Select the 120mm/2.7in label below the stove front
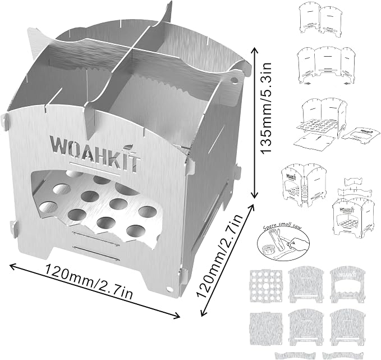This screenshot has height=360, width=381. (89, 282)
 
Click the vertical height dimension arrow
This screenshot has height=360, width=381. (254, 122)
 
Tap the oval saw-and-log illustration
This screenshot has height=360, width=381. (283, 241)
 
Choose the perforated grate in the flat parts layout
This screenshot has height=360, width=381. (266, 286)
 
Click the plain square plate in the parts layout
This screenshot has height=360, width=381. (266, 327)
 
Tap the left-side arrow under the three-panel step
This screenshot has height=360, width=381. (308, 84)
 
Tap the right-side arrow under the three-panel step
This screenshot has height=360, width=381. (347, 84)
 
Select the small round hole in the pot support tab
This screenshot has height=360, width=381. (234, 80)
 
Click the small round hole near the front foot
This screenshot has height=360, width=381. (169, 289)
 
